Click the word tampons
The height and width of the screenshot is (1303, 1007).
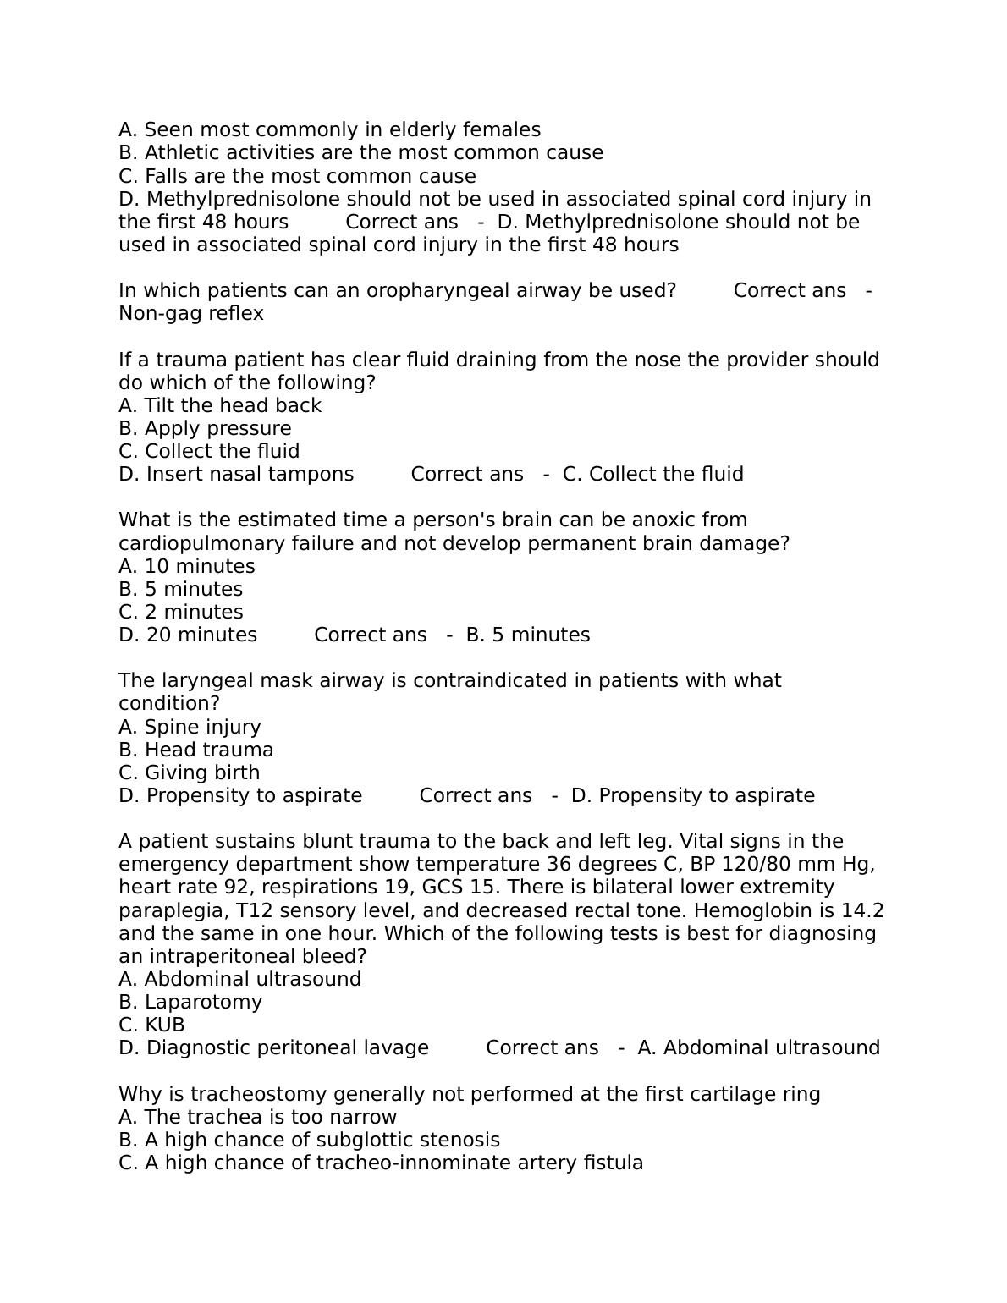pos(314,474)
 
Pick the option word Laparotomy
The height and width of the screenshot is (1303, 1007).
pos(203,1002)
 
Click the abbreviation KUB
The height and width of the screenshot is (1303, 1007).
pos(164,1025)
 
